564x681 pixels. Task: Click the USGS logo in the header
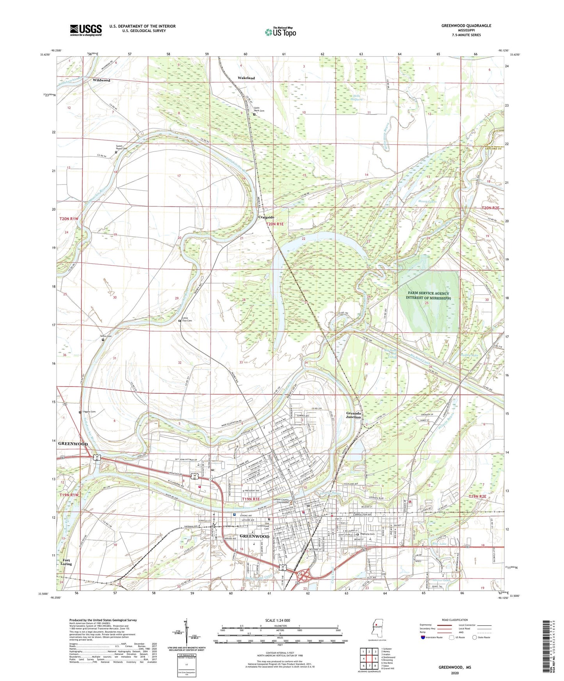pyautogui.click(x=86, y=30)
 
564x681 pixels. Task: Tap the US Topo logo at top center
pyautogui.click(x=280, y=32)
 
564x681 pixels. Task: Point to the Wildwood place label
pyautogui.click(x=101, y=80)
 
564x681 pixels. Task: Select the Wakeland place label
pyautogui.click(x=246, y=78)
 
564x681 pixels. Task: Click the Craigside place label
pyautogui.click(x=266, y=217)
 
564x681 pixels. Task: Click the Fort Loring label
pyautogui.click(x=66, y=562)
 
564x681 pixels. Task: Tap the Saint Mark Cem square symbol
pyautogui.click(x=254, y=115)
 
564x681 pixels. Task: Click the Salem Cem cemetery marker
pyautogui.click(x=103, y=340)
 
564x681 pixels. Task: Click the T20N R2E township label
pyautogui.click(x=491, y=208)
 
